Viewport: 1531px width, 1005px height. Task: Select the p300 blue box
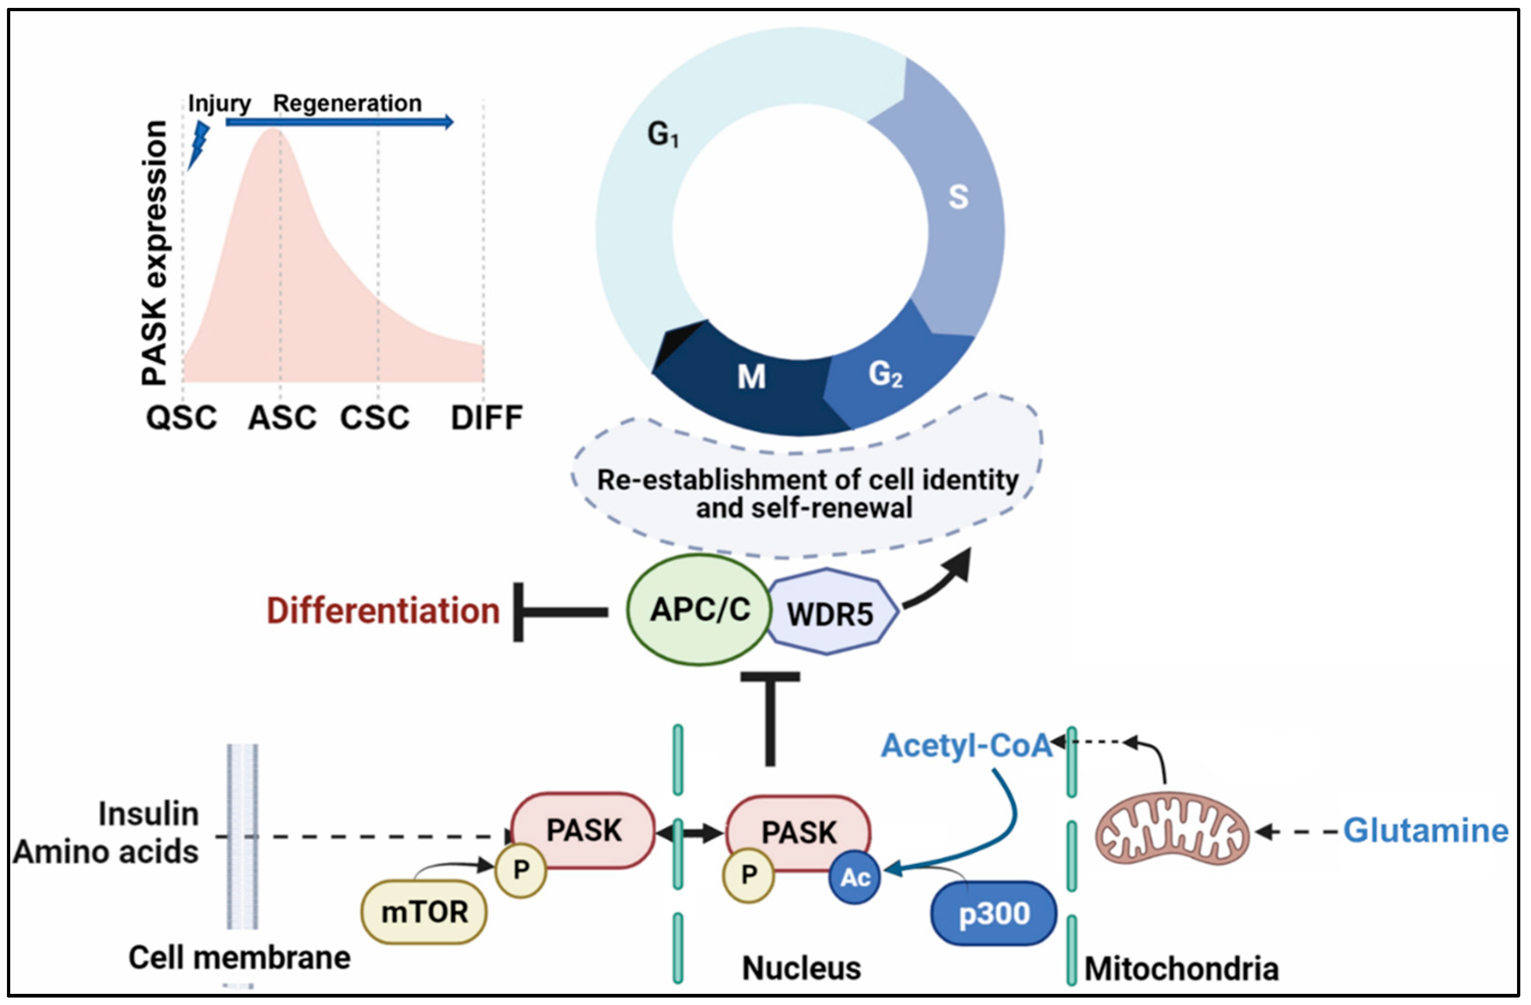tap(994, 913)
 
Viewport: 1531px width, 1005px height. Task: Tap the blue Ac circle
tap(854, 878)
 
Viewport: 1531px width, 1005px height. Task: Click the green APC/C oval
tap(700, 609)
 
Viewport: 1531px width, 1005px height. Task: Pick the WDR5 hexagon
tap(831, 613)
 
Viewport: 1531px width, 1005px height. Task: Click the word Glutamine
tap(1425, 831)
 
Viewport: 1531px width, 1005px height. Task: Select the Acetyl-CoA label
tap(966, 745)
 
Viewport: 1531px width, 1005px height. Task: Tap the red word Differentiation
tap(383, 611)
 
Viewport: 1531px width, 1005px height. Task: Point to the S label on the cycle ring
tap(958, 197)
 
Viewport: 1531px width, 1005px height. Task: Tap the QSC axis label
tap(181, 418)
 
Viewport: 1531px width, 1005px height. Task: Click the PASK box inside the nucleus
tap(799, 832)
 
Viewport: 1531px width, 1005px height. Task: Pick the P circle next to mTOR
tap(520, 870)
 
